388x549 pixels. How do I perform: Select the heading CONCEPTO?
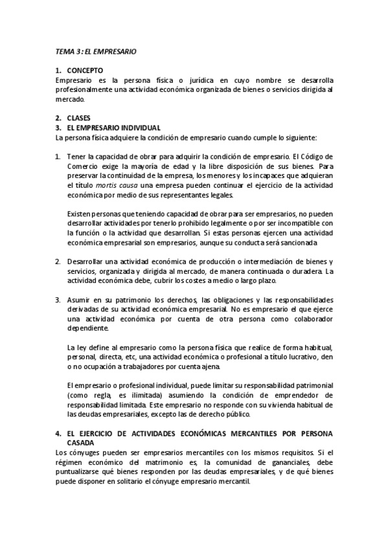point(85,70)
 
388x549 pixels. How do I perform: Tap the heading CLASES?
point(79,118)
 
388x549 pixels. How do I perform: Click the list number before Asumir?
point(58,300)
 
